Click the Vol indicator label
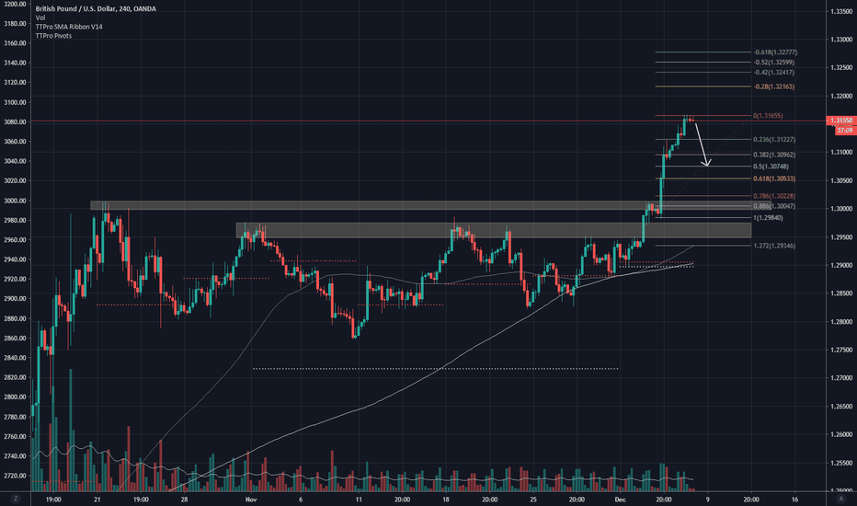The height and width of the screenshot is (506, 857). (x=41, y=19)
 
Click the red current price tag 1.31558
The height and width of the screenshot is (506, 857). (x=841, y=121)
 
